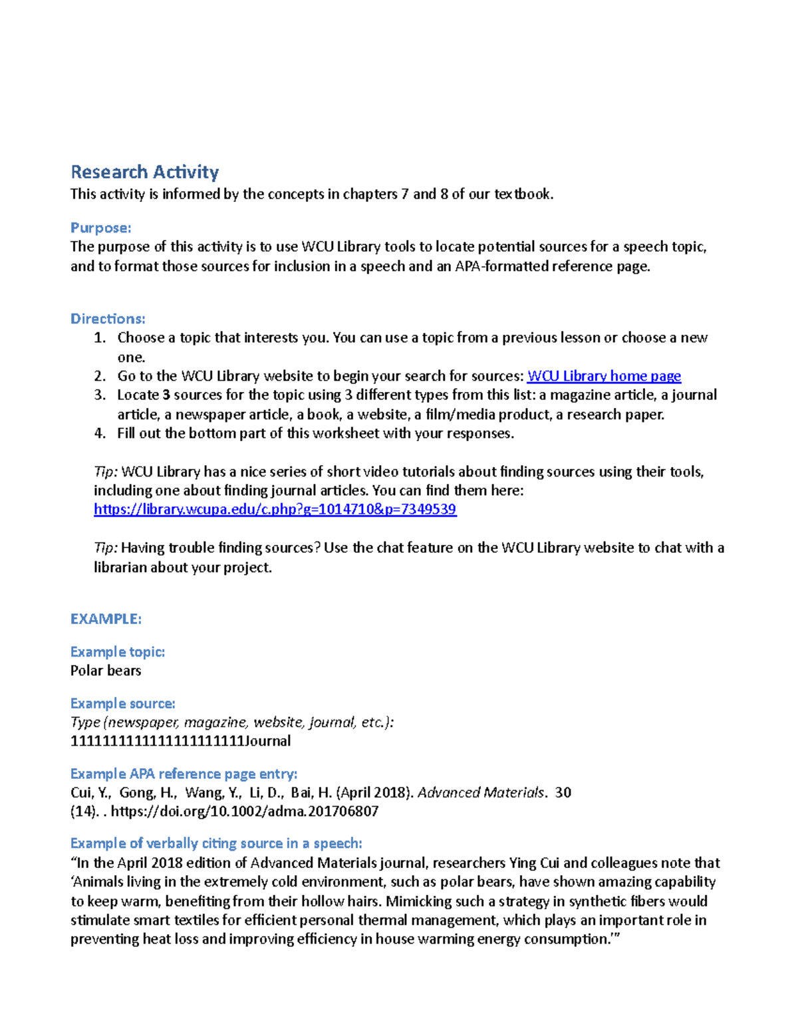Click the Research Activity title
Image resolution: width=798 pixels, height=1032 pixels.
144,172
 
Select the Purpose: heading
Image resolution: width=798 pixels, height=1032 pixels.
100,228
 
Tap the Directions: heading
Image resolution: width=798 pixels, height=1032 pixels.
108,319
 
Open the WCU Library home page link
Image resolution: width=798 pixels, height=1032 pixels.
603,376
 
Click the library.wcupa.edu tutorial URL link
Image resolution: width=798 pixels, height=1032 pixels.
275,510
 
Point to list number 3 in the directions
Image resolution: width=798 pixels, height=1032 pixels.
100,395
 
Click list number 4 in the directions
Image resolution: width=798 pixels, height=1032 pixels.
100,434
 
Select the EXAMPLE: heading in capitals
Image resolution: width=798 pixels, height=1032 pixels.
106,619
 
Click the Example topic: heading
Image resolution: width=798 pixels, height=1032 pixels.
117,652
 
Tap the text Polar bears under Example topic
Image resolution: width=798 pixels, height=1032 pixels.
106,671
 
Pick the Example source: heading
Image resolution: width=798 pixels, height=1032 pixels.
122,704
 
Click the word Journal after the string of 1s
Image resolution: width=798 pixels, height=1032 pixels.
268,741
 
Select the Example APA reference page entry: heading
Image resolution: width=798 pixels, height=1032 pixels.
184,774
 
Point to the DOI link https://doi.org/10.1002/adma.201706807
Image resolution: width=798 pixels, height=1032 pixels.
245,811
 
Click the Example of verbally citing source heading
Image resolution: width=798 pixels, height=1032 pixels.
216,843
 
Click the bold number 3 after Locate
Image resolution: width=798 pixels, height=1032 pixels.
166,395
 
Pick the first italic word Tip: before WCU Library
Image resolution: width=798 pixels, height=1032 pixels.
106,472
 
